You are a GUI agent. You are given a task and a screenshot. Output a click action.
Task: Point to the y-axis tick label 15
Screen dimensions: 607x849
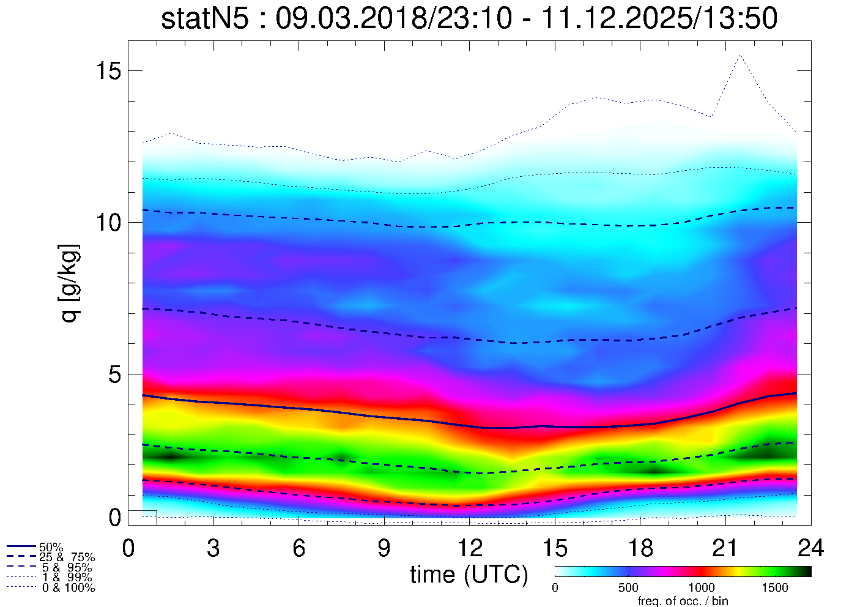point(108,71)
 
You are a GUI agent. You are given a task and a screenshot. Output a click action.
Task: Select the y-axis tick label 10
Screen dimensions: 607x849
point(108,222)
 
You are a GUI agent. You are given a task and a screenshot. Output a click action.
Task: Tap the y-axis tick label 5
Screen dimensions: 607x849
point(115,374)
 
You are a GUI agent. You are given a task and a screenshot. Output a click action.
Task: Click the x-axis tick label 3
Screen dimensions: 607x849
point(213,548)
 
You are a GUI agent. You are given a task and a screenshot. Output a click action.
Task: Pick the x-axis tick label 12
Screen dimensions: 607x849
point(469,548)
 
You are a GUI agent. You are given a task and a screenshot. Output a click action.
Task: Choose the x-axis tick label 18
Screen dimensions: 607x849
point(640,548)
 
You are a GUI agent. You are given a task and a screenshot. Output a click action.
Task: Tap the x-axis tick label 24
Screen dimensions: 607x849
point(810,548)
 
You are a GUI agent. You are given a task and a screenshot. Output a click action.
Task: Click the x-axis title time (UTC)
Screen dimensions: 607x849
point(469,575)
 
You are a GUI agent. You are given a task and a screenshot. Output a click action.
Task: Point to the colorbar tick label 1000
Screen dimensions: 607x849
point(702,588)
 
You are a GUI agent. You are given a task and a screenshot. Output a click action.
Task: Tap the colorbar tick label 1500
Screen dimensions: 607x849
point(774,588)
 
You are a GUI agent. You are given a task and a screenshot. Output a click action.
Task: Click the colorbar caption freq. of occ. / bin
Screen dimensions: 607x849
point(683,601)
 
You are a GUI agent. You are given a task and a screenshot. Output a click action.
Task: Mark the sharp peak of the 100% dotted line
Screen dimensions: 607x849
point(740,55)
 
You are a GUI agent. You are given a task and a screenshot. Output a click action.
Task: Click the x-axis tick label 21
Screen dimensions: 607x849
point(725,548)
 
